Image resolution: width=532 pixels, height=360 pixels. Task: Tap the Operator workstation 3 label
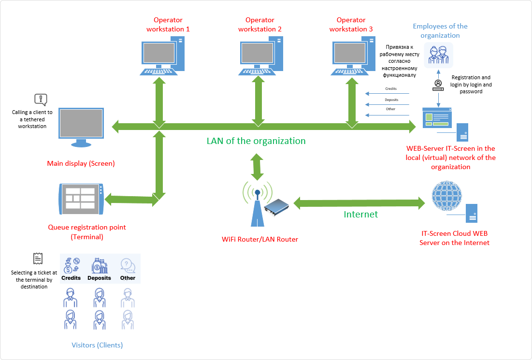[351, 25]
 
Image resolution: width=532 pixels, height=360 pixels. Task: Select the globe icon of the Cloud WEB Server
[447, 196]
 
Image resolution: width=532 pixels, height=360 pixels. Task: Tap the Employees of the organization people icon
[439, 54]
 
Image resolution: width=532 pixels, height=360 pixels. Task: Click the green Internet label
[360, 214]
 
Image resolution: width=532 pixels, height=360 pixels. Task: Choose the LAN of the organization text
[256, 141]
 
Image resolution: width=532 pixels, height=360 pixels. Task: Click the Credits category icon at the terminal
[71, 265]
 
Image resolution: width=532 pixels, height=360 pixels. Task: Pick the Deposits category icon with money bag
[99, 265]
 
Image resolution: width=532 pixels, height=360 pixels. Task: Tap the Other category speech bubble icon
[128, 265]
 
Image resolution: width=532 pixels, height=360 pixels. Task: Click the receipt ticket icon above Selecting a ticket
[38, 259]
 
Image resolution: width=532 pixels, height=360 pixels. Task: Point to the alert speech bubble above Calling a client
[41, 100]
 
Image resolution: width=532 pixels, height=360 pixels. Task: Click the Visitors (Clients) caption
[97, 345]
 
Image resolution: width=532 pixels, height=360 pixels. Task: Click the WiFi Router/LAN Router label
[260, 239]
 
